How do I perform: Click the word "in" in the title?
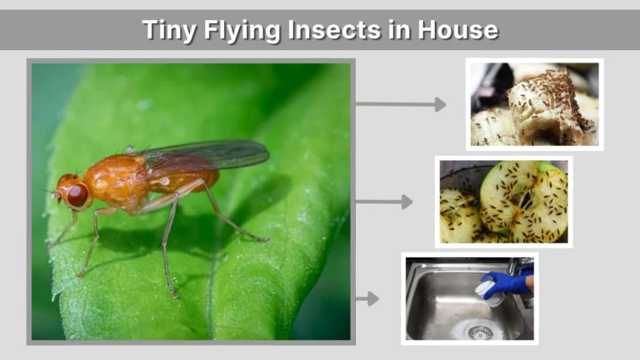[x=390, y=30]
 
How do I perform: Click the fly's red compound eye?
[x=77, y=195]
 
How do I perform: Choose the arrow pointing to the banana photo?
[x=400, y=104]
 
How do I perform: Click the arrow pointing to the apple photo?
[x=383, y=202]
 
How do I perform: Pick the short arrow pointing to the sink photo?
[x=367, y=298]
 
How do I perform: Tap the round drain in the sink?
[x=480, y=332]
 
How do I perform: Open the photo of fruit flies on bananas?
[x=534, y=104]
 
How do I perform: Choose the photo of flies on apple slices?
[x=503, y=202]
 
